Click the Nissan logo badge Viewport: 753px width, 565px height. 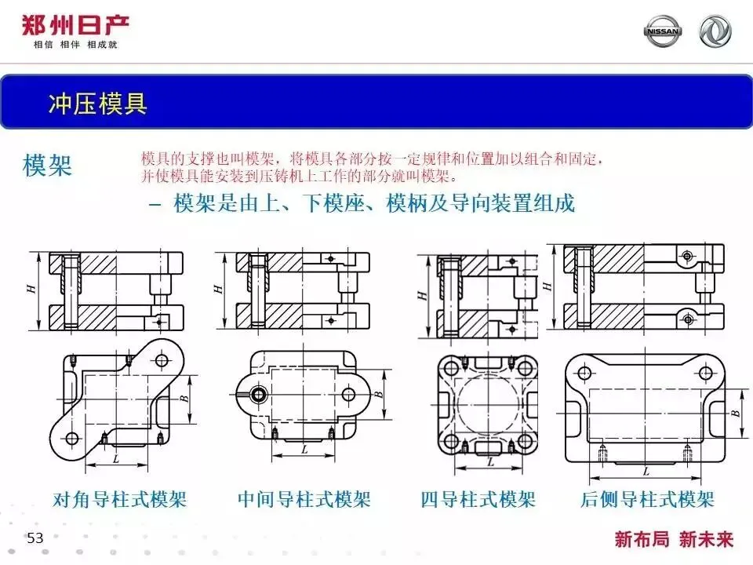click(663, 31)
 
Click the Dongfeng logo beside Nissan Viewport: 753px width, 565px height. click(715, 31)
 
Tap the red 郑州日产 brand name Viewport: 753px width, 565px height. click(75, 24)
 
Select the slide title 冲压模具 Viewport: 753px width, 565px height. click(97, 104)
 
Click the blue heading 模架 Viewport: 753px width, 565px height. click(48, 166)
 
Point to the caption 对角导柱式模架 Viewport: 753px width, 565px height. click(119, 499)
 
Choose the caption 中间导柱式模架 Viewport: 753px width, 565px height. click(304, 499)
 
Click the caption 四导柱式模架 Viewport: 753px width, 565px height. click(478, 499)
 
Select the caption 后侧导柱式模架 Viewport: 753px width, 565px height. click(647, 499)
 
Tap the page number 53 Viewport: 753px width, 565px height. click(35, 538)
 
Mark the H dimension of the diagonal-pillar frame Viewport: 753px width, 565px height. click(31, 289)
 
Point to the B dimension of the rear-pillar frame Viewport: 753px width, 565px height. click(736, 411)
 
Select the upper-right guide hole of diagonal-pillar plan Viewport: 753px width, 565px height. click(162, 360)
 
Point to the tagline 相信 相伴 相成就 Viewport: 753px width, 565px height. click(75, 45)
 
